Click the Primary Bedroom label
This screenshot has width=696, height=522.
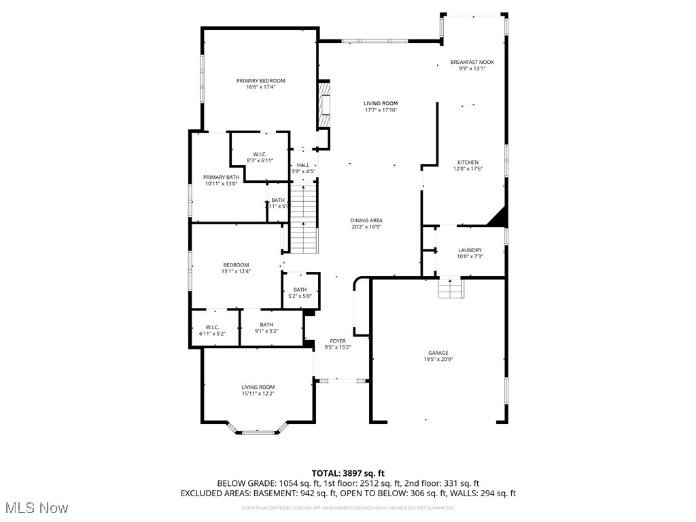(x=260, y=81)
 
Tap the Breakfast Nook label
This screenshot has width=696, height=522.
(x=472, y=62)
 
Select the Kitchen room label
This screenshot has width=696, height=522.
(x=468, y=162)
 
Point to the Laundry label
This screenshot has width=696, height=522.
(x=470, y=250)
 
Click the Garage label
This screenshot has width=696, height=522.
(x=438, y=353)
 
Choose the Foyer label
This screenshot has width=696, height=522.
(x=338, y=341)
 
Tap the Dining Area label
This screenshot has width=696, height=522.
(x=366, y=220)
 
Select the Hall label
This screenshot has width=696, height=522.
(x=303, y=165)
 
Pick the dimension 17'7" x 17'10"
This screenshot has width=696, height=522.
(x=380, y=110)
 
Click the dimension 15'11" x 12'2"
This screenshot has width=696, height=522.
(x=258, y=394)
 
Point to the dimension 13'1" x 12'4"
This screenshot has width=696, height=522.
(x=236, y=272)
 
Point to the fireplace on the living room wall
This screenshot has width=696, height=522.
(x=325, y=105)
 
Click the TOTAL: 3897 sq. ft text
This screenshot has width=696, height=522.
(x=348, y=473)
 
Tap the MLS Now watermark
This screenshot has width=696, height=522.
(x=36, y=508)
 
